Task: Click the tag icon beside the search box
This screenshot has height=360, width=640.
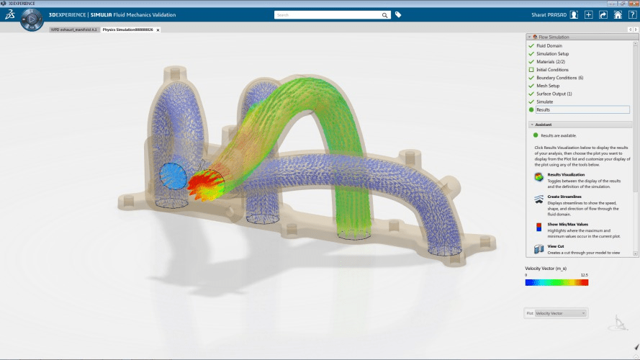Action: [398, 14]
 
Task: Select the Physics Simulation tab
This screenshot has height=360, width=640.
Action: [127, 30]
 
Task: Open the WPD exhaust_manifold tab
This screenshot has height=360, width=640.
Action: [73, 30]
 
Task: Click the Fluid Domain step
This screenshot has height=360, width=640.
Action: [549, 46]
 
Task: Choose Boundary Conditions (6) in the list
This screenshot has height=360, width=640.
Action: [559, 78]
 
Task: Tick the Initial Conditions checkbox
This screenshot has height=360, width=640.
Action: [531, 70]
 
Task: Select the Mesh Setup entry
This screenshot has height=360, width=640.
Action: [548, 86]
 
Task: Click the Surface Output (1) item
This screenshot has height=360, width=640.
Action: [554, 94]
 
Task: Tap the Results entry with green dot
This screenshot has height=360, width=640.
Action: [543, 109]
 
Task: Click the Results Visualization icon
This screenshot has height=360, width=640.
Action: [538, 177]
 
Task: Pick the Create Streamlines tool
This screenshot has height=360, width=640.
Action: [538, 199]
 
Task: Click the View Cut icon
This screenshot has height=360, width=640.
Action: [538, 249]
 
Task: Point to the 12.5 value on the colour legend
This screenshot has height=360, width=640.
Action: [584, 275]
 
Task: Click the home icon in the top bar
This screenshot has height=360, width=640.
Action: [618, 14]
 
